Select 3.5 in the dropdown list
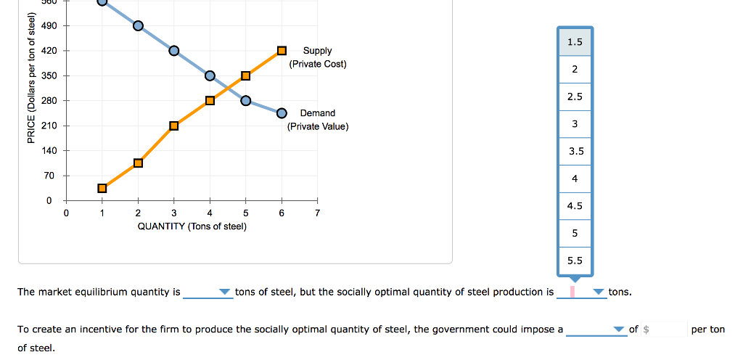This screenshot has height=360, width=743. tap(575, 152)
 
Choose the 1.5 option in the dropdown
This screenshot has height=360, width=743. tap(575, 42)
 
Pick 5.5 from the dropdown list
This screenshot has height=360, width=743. tap(575, 261)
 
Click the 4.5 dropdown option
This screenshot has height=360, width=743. tap(575, 206)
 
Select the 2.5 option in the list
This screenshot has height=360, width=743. tap(575, 97)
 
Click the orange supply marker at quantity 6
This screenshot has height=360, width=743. tap(282, 51)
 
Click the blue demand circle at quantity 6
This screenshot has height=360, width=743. tap(282, 113)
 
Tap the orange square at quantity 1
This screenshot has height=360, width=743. tap(102, 188)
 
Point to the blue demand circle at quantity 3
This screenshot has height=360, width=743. tap(174, 51)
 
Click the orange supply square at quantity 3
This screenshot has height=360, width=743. tap(174, 126)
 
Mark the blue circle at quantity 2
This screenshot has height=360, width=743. tap(138, 26)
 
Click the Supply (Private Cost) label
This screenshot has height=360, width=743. tap(317, 57)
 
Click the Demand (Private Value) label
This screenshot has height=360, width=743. tap(317, 120)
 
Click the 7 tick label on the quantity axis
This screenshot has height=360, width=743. tap(317, 213)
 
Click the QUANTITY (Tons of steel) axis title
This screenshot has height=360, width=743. tap(192, 226)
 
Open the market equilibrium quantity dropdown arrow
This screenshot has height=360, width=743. tap(224, 292)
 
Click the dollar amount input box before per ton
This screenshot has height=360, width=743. tap(665, 330)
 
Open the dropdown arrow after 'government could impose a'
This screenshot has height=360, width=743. tap(618, 330)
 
